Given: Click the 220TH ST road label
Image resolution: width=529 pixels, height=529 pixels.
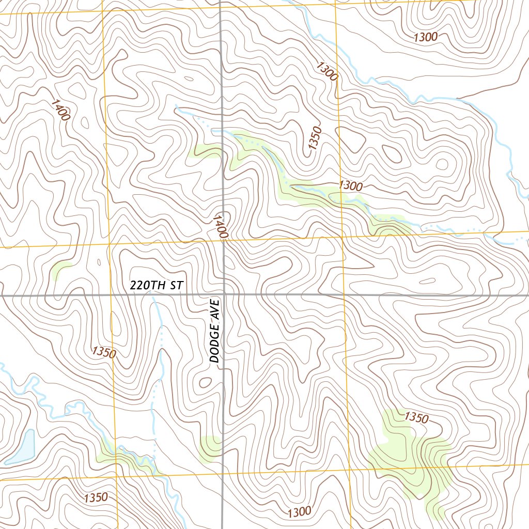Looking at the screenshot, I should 156,285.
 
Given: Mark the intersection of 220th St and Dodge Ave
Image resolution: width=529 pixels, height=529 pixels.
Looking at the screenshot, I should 223,294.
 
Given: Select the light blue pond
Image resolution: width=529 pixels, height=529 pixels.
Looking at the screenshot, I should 22,447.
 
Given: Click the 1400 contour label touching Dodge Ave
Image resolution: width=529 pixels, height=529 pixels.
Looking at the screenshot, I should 220,227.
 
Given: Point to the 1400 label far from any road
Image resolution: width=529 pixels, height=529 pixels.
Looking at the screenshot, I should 60,110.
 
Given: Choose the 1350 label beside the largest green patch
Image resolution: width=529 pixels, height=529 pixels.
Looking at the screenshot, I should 416,417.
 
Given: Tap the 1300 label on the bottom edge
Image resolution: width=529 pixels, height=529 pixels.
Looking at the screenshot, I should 299,512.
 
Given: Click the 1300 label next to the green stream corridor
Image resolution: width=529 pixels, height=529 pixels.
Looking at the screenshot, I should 351,186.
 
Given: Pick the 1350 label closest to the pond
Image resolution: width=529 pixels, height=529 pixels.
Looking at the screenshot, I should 96,498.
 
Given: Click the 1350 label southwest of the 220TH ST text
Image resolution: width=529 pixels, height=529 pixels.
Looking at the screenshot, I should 104,353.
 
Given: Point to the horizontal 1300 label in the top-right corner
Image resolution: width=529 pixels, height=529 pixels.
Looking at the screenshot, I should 426,37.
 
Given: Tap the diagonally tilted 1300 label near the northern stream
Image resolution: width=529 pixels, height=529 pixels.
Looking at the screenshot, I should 327,71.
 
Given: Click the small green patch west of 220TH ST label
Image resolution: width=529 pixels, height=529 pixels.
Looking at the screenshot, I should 61,269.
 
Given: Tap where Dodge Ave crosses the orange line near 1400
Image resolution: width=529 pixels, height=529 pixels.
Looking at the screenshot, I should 223,240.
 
